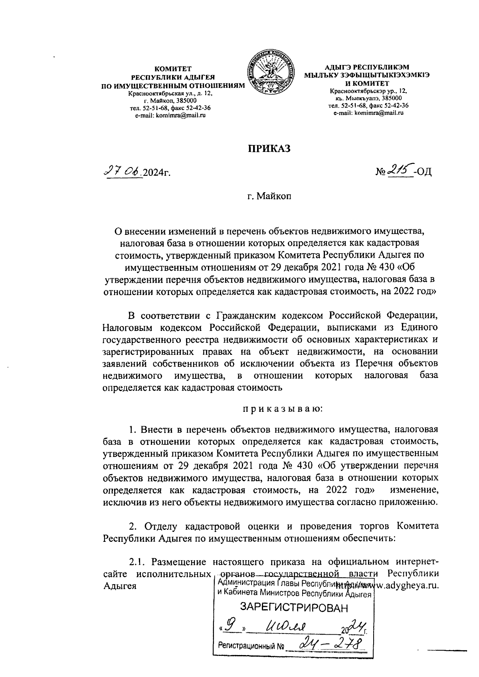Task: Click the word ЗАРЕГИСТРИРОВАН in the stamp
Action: click(293, 608)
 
